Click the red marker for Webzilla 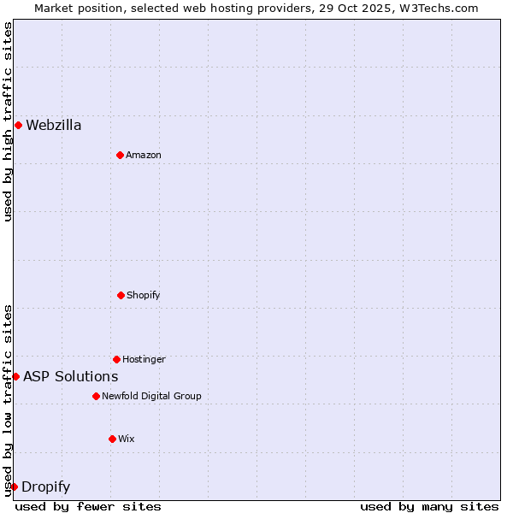(x=18, y=126)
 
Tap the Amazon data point (x=120, y=155)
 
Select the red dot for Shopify (x=121, y=295)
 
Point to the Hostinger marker (x=116, y=359)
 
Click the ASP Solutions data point (x=15, y=376)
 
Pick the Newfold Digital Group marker (x=96, y=396)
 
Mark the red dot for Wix (x=112, y=439)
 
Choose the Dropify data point (x=14, y=486)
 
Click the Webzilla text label (x=54, y=126)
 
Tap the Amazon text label (x=144, y=155)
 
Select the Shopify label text (x=144, y=295)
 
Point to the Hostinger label (x=144, y=359)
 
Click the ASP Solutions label (x=71, y=376)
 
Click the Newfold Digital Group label (x=151, y=396)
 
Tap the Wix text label (x=127, y=439)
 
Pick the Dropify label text (x=46, y=487)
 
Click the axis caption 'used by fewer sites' (x=88, y=506)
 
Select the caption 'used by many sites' (x=429, y=506)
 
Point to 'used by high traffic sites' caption (x=8, y=121)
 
